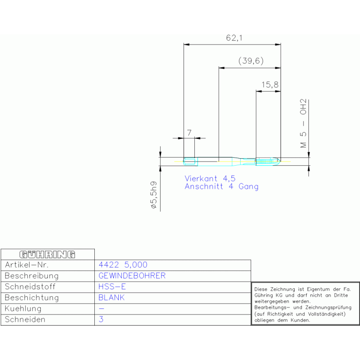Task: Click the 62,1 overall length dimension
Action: (234, 38)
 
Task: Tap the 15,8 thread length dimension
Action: (270, 84)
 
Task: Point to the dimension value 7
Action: (189, 133)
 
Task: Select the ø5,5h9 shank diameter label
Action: (153, 195)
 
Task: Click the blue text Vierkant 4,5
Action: (210, 178)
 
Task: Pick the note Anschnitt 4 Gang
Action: (222, 186)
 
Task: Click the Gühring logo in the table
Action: (47, 254)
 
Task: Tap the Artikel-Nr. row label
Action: (27, 265)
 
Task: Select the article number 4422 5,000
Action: (123, 265)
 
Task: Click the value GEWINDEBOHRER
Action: (132, 276)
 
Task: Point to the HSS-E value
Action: (112, 286)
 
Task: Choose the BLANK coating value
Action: (111, 298)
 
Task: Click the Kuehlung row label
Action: (23, 308)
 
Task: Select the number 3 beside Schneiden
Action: (101, 319)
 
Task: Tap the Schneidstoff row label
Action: (30, 287)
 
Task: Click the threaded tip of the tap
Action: (268, 161)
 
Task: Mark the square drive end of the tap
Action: (191, 161)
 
